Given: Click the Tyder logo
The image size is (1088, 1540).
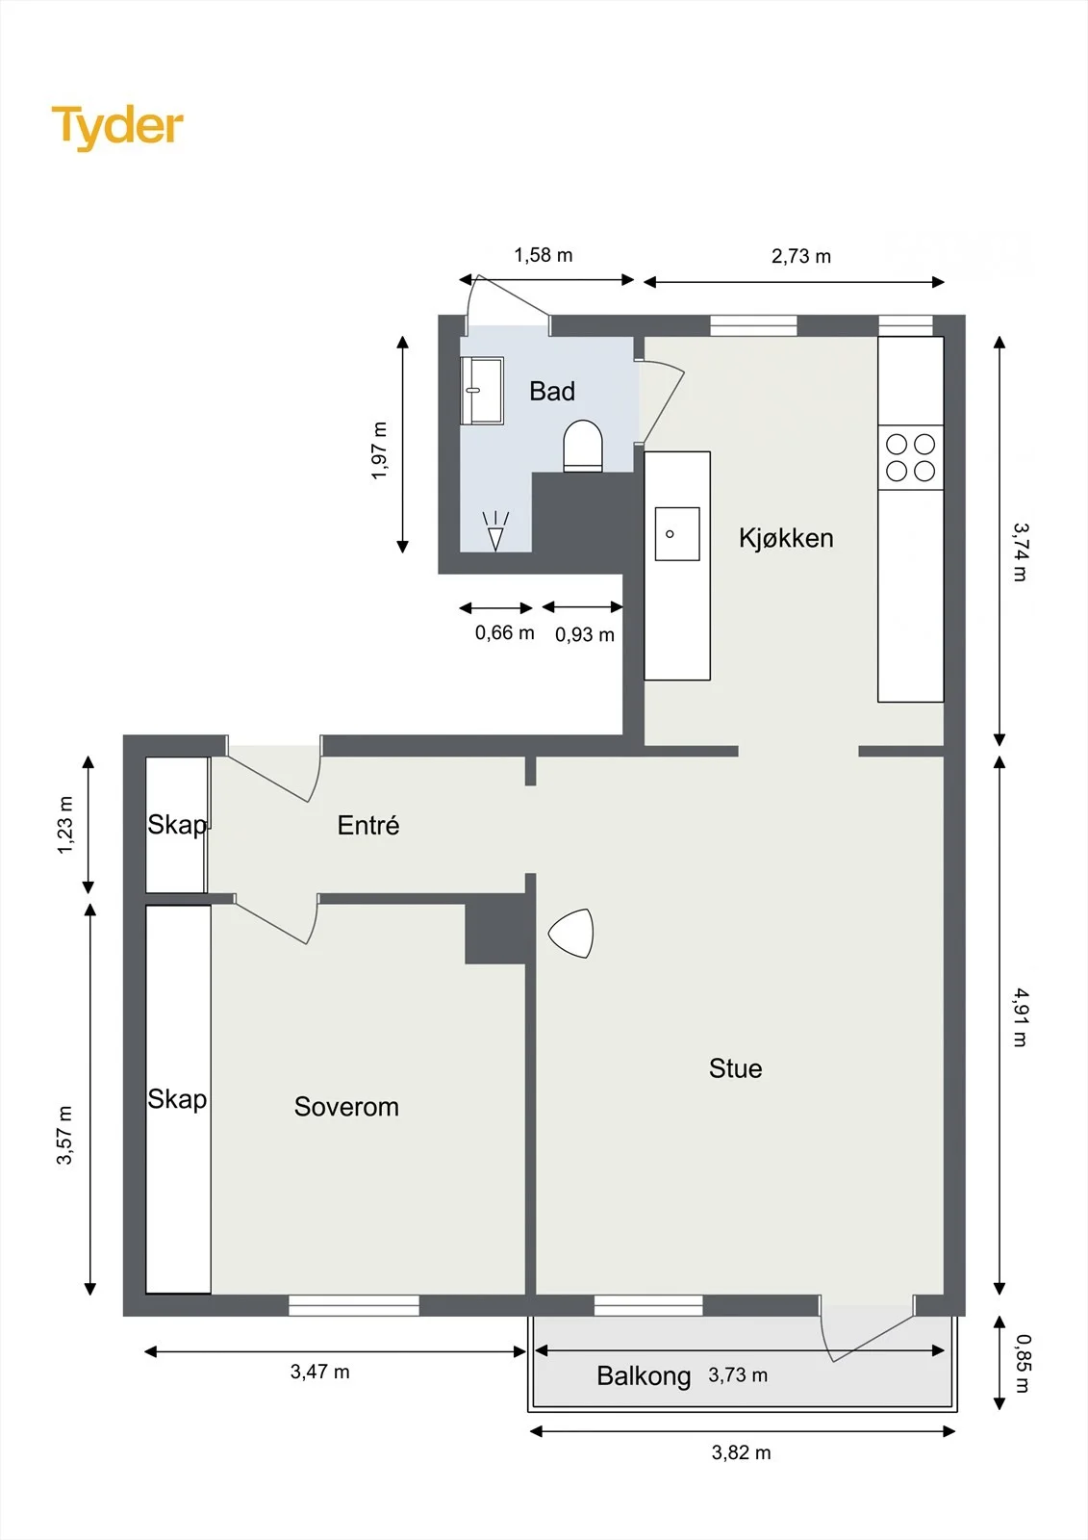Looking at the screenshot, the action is click(x=117, y=128).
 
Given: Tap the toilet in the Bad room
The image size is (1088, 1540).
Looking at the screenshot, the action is click(x=583, y=447).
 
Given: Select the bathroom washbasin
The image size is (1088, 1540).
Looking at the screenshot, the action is click(x=482, y=391).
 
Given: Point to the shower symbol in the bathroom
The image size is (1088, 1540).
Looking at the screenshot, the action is click(x=495, y=530).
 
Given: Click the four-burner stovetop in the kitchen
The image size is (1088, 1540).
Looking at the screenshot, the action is click(x=910, y=458).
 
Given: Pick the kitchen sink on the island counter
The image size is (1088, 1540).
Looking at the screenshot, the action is click(x=677, y=533).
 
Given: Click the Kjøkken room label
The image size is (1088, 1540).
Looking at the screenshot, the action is click(x=786, y=538).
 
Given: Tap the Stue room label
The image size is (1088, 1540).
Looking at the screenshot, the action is click(x=735, y=1068).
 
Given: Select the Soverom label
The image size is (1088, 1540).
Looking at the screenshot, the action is click(x=346, y=1106).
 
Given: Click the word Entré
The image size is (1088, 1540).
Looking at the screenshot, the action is click(x=368, y=824).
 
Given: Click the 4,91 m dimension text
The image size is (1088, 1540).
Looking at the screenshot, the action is click(x=1020, y=1017).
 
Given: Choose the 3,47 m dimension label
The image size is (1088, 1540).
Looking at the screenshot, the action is click(x=319, y=1372).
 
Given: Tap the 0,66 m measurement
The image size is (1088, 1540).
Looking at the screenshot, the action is click(x=504, y=632).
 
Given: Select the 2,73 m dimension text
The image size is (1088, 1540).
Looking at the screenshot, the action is click(x=800, y=256).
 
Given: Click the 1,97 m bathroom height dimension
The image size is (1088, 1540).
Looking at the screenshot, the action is click(x=379, y=450).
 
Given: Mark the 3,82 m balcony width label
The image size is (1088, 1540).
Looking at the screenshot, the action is click(x=741, y=1452).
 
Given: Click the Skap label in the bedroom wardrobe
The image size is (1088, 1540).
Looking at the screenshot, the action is click(x=177, y=1098).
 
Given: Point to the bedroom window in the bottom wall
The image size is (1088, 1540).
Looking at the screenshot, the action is click(x=354, y=1305).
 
